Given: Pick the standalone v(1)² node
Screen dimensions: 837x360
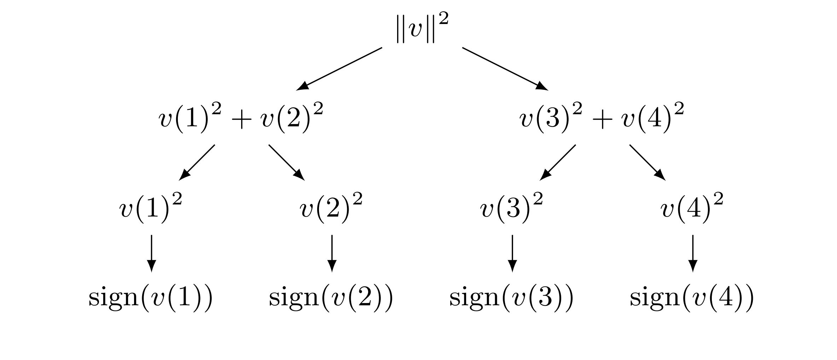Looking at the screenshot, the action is tap(151, 208).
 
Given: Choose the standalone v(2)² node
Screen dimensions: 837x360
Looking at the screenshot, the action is tap(331, 208).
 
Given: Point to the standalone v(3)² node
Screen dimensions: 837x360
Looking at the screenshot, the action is tap(512, 208).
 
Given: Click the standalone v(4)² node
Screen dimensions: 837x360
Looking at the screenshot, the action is tap(692, 208).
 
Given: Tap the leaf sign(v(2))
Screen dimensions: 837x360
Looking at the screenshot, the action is tap(331, 298).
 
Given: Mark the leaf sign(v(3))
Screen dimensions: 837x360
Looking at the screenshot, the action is tap(512, 298).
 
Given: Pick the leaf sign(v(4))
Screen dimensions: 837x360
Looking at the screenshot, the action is tap(692, 298).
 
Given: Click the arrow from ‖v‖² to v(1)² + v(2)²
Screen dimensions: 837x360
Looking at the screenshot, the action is tap(339, 69).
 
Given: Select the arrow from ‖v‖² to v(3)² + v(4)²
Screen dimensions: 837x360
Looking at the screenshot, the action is tap(505, 69).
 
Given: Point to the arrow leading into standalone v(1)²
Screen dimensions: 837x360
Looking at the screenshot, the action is tap(197, 162).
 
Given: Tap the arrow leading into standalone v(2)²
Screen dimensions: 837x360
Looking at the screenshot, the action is tap(287, 162).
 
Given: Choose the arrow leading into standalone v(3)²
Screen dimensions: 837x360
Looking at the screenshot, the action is tap(557, 162).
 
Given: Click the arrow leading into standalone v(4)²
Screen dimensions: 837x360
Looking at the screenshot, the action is tap(647, 162).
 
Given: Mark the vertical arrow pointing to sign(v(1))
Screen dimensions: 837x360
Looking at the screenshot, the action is tap(151, 253).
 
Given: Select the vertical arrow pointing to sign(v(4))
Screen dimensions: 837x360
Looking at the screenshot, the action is tap(692, 253).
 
